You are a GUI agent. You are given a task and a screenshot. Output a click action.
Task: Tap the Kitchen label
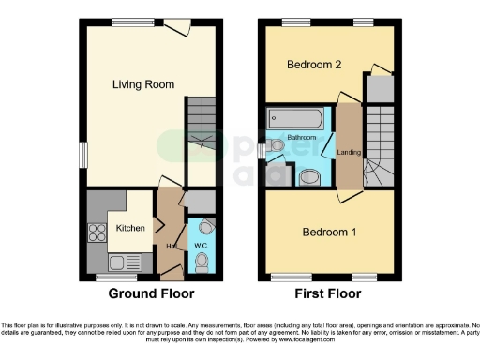tap(128, 228)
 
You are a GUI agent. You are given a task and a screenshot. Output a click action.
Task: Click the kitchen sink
tap(120, 262)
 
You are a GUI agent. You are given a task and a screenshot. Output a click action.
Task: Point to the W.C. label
tap(201, 246)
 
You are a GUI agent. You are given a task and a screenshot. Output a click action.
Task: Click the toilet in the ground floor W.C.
tap(202, 263)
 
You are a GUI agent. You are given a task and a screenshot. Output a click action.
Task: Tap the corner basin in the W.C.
tap(207, 226)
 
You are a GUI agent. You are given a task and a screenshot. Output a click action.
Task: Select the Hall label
tap(172, 247)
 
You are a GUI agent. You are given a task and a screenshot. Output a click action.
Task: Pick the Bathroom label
tap(302, 138)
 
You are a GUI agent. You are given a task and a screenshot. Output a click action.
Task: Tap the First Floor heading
tap(329, 293)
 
